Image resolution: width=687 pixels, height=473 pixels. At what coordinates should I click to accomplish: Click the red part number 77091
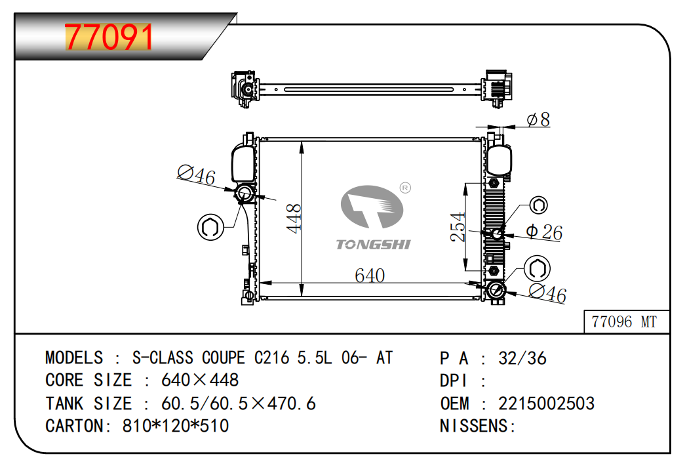point(109,37)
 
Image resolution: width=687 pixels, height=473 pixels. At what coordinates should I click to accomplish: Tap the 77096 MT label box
point(627,321)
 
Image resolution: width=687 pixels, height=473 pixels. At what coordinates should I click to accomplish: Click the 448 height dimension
point(294,218)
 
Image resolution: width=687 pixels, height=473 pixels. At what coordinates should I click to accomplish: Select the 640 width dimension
point(370,276)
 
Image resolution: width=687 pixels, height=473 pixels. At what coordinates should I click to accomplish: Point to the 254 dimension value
point(458,226)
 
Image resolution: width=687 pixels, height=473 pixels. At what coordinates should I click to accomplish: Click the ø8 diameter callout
point(538,119)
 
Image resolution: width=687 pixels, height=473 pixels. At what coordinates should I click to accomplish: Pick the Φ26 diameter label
point(543,232)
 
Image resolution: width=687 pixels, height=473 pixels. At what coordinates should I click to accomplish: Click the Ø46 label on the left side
point(196,175)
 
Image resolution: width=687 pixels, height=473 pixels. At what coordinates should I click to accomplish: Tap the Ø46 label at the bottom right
point(547,293)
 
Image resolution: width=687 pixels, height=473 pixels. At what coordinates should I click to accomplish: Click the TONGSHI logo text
point(373,245)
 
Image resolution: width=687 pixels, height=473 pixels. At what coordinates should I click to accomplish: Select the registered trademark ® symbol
point(405,188)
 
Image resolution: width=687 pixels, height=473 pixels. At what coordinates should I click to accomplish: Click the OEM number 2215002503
point(546,403)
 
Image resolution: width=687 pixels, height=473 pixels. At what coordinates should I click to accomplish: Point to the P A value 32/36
point(522,359)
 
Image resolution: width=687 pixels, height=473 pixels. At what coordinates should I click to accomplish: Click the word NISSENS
point(474,426)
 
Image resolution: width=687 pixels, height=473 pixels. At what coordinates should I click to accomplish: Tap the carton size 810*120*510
point(176,426)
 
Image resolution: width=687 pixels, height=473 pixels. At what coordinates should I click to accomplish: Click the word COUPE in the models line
point(223,358)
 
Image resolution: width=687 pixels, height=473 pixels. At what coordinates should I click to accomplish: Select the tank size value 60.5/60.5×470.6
point(239,403)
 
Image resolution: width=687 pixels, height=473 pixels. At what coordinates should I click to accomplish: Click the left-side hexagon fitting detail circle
point(210,227)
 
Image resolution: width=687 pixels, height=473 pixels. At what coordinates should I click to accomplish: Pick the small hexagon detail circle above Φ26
point(538,205)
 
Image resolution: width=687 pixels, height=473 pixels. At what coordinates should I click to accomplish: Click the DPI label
point(454,380)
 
